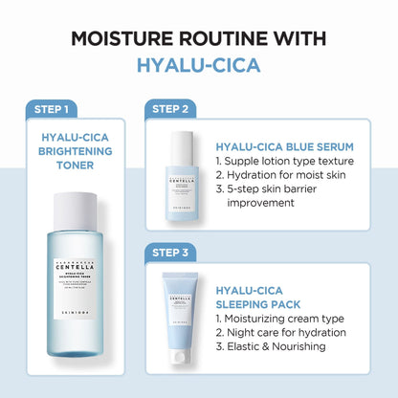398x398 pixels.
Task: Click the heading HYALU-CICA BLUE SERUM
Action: [285, 147]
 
